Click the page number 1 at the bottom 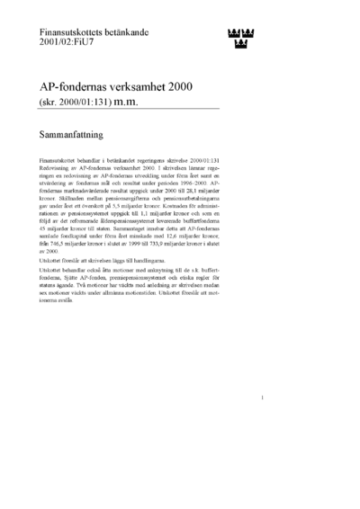pyautogui.click(x=260, y=423)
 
